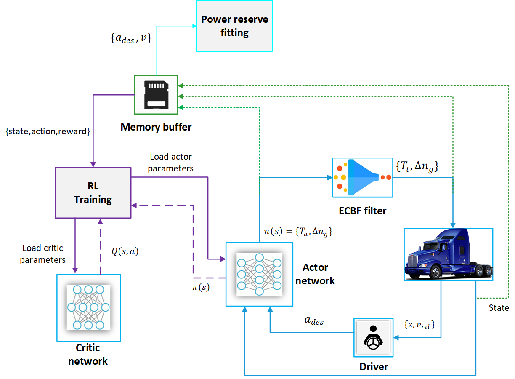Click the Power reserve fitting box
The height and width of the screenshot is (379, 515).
coord(234,26)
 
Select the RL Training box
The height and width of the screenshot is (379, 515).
coord(93,193)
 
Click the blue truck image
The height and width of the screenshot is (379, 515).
coord(448,254)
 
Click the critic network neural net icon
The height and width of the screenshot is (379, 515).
coord(88,307)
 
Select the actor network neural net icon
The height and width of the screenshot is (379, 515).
coord(259,274)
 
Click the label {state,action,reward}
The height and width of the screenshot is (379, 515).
coord(47,132)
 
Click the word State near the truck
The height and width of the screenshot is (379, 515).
coord(499,308)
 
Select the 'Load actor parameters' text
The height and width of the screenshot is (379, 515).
coord(171,162)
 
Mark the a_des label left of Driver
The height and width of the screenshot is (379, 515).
coord(314,320)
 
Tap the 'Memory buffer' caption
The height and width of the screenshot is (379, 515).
coord(156,127)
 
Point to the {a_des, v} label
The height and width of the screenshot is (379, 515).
coord(131,39)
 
